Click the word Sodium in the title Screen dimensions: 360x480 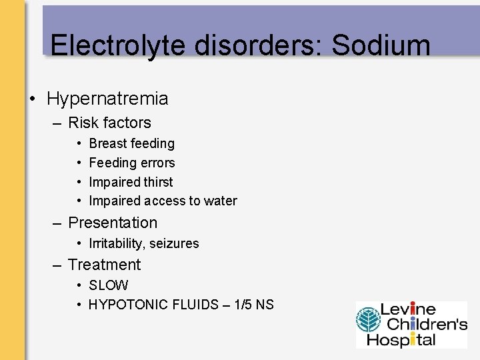click(x=381, y=45)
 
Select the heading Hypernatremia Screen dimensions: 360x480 click(x=107, y=99)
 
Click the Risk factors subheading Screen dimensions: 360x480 click(x=109, y=123)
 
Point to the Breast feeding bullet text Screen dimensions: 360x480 click(x=131, y=143)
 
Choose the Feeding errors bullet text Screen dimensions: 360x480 click(x=131, y=163)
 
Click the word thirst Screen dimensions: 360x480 click(x=157, y=182)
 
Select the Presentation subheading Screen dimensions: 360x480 click(x=113, y=223)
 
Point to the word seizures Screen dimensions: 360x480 click(x=174, y=243)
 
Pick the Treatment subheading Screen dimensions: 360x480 click(x=104, y=265)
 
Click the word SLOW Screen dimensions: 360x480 click(x=108, y=285)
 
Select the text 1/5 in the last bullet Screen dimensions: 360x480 click(x=242, y=305)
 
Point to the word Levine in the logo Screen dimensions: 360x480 click(x=407, y=310)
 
